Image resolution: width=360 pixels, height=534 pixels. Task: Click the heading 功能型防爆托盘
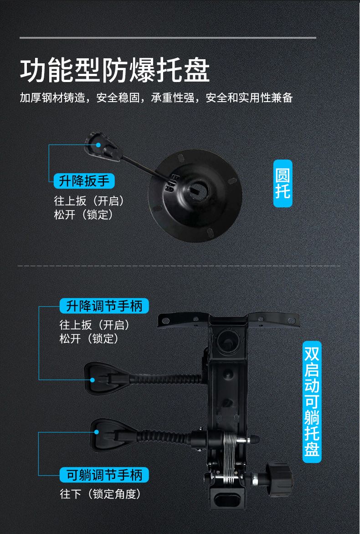114,71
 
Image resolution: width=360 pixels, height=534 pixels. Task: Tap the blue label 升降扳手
84,181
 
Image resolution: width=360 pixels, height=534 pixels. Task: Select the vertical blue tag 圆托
283,183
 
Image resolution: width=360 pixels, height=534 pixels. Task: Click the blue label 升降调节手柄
104,305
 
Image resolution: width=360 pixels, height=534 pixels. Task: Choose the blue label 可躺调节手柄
104,475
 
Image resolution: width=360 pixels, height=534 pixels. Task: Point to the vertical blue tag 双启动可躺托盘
312,402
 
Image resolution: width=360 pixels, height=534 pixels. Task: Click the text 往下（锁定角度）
100,494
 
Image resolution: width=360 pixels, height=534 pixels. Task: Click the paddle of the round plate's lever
102,146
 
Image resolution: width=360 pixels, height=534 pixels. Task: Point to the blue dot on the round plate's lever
98,145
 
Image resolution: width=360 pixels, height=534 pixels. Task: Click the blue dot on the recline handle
97,432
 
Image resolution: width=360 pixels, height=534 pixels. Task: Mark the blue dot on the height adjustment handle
93,380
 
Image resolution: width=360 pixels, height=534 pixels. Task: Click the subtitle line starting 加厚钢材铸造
156,98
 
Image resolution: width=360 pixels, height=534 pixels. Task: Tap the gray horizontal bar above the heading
168,37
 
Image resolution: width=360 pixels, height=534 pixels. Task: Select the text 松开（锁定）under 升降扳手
83,215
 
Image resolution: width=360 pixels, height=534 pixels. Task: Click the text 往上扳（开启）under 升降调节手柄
95,325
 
